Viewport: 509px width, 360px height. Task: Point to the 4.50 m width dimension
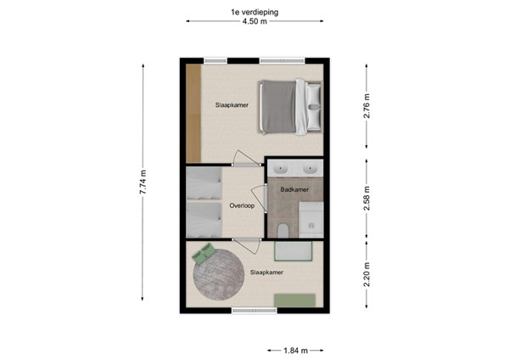[254, 24]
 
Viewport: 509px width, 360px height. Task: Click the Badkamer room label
[294, 189]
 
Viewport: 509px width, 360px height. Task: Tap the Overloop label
[243, 206]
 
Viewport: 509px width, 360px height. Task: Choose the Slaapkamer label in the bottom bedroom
[266, 272]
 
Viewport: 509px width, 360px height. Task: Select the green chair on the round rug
[204, 253]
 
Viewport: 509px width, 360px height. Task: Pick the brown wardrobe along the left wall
[193, 110]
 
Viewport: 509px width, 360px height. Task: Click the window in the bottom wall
[254, 311]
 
